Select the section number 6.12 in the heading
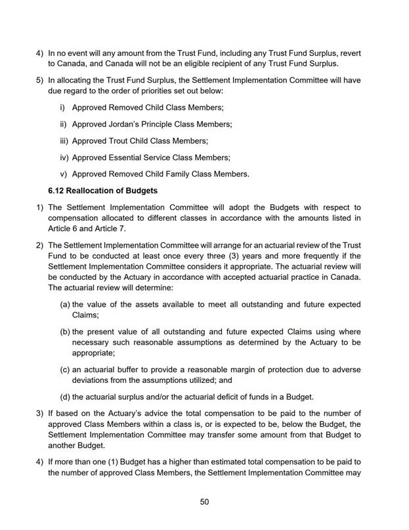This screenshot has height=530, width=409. coord(59,191)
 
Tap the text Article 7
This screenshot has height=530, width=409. coord(107,228)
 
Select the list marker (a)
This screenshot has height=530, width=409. coord(65,305)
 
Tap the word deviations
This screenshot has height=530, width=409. coord(93,380)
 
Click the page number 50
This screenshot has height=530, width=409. coord(204,502)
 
